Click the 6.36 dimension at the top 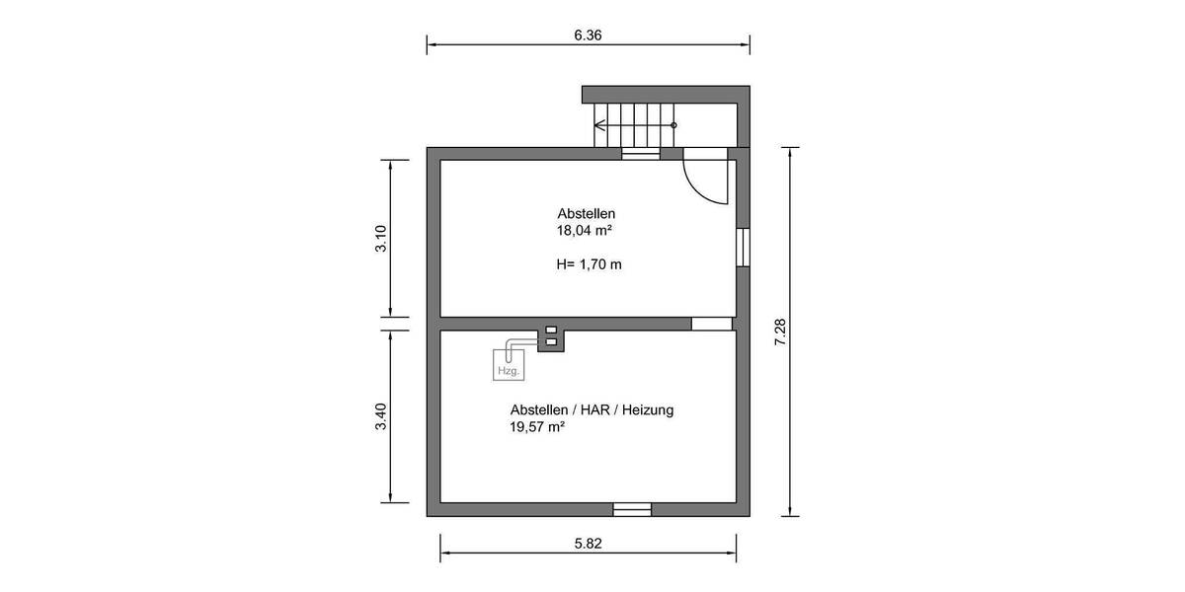[588, 35]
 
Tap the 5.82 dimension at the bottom [588, 542]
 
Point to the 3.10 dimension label [381, 239]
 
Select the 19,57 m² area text [537, 427]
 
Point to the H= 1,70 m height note [590, 264]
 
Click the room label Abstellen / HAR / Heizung [592, 409]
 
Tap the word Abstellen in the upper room [587, 214]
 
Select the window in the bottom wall [632, 509]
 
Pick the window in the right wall [743, 248]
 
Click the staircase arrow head [598, 125]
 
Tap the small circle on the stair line [673, 125]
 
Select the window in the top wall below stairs [640, 153]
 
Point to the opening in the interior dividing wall [711, 324]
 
